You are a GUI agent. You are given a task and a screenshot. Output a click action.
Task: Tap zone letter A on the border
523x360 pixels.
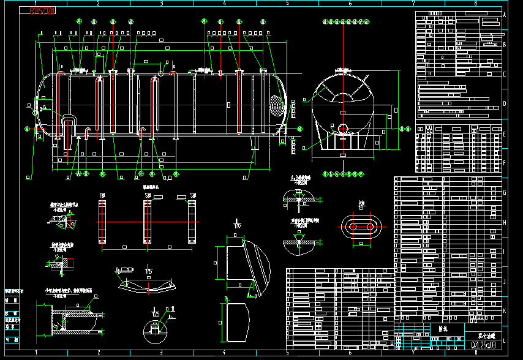[x=504, y=15]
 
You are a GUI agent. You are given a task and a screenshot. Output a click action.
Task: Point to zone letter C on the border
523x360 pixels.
[x=504, y=74]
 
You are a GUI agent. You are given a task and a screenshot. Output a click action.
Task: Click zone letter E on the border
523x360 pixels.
[x=504, y=133]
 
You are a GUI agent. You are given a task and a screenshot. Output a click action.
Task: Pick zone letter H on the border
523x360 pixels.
[x=504, y=222]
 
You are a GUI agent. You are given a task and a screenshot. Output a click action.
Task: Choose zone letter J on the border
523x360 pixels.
[x=504, y=282]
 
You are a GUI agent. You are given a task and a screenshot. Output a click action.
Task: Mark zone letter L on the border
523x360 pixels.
[x=504, y=340]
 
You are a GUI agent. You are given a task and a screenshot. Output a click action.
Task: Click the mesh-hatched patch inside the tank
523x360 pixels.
[x=277, y=105]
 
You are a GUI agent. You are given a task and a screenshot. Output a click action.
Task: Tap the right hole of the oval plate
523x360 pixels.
[x=370, y=227]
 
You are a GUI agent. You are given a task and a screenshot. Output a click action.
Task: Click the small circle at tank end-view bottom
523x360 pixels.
[x=342, y=127]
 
